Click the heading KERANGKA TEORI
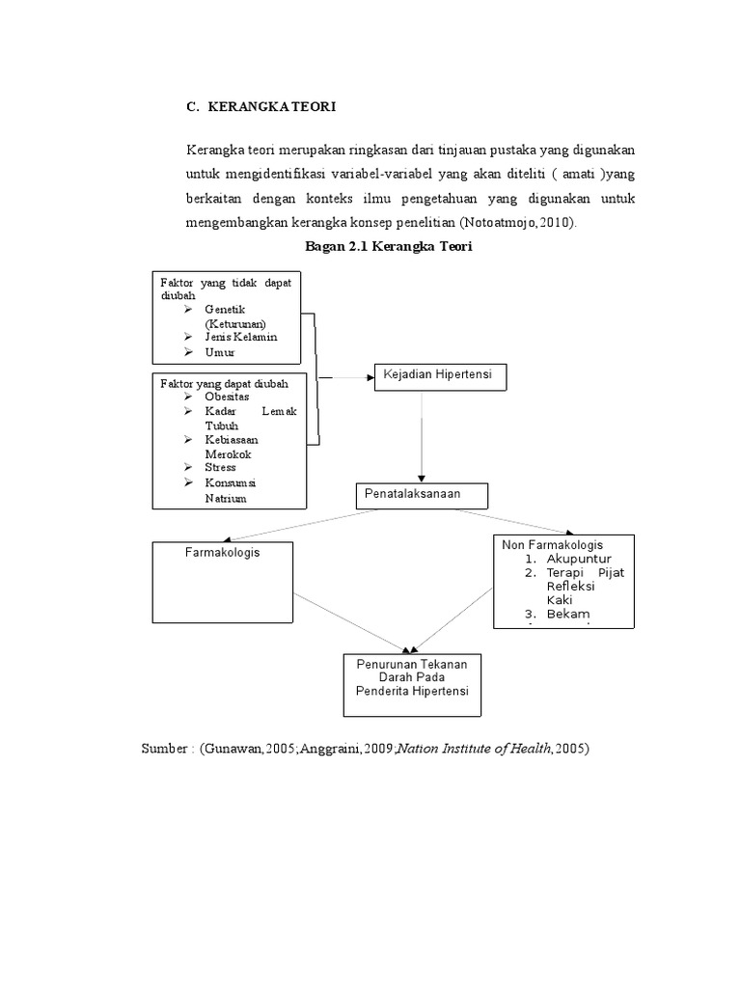coord(271,107)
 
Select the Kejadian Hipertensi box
coord(440,374)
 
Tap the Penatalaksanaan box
coord(423,495)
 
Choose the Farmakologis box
coord(223,582)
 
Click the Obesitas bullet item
coord(228,398)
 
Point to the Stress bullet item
coord(220,468)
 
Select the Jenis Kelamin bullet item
coord(240,338)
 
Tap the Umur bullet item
coord(220,353)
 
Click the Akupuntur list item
coord(578,560)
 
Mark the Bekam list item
coord(568,615)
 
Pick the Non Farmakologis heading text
coord(552,545)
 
